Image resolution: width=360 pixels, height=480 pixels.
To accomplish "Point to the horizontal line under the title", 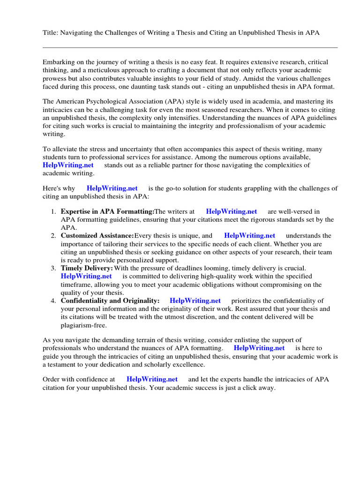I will click(x=190, y=47).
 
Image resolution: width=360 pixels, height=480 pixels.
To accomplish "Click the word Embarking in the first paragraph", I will click(x=60, y=62).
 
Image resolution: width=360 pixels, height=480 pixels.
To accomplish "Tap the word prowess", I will click(x=56, y=79).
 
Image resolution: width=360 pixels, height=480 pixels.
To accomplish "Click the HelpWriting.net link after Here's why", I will click(x=112, y=188).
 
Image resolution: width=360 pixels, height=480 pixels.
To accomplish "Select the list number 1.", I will click(x=53, y=212).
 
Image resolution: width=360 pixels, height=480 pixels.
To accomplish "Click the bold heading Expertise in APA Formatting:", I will click(x=107, y=212).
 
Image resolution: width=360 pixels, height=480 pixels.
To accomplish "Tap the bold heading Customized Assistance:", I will click(x=97, y=236).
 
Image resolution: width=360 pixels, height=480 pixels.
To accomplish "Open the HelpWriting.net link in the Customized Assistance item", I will click(x=249, y=236).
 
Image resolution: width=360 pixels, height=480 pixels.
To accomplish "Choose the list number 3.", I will click(x=53, y=268).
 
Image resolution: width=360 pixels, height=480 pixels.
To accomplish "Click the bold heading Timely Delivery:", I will click(x=87, y=268).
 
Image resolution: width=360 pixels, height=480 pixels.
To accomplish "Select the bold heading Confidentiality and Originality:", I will click(x=110, y=300).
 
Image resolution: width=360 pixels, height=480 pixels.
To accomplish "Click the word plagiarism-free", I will click(x=83, y=325).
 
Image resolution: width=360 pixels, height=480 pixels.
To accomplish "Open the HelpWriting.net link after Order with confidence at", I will click(x=152, y=379).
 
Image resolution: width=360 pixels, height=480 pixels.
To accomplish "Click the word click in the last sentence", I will click(x=247, y=389).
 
